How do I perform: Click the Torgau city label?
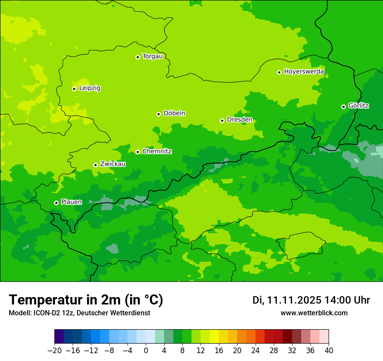152,57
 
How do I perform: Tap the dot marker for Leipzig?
74,89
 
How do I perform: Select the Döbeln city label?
174,114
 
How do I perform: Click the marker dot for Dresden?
222,120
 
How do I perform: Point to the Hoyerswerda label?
304,72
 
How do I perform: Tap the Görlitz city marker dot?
343,107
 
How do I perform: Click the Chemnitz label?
157,151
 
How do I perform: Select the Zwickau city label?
113,164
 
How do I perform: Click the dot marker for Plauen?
56,203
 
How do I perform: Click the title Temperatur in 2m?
86,300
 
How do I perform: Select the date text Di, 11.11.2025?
286,300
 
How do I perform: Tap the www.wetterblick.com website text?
314,313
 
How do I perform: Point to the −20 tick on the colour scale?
54,351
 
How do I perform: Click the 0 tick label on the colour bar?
146,351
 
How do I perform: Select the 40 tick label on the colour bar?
329,351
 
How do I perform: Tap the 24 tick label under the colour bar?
255,351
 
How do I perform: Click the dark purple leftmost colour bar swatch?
59,337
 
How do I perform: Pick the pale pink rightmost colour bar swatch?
324,337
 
